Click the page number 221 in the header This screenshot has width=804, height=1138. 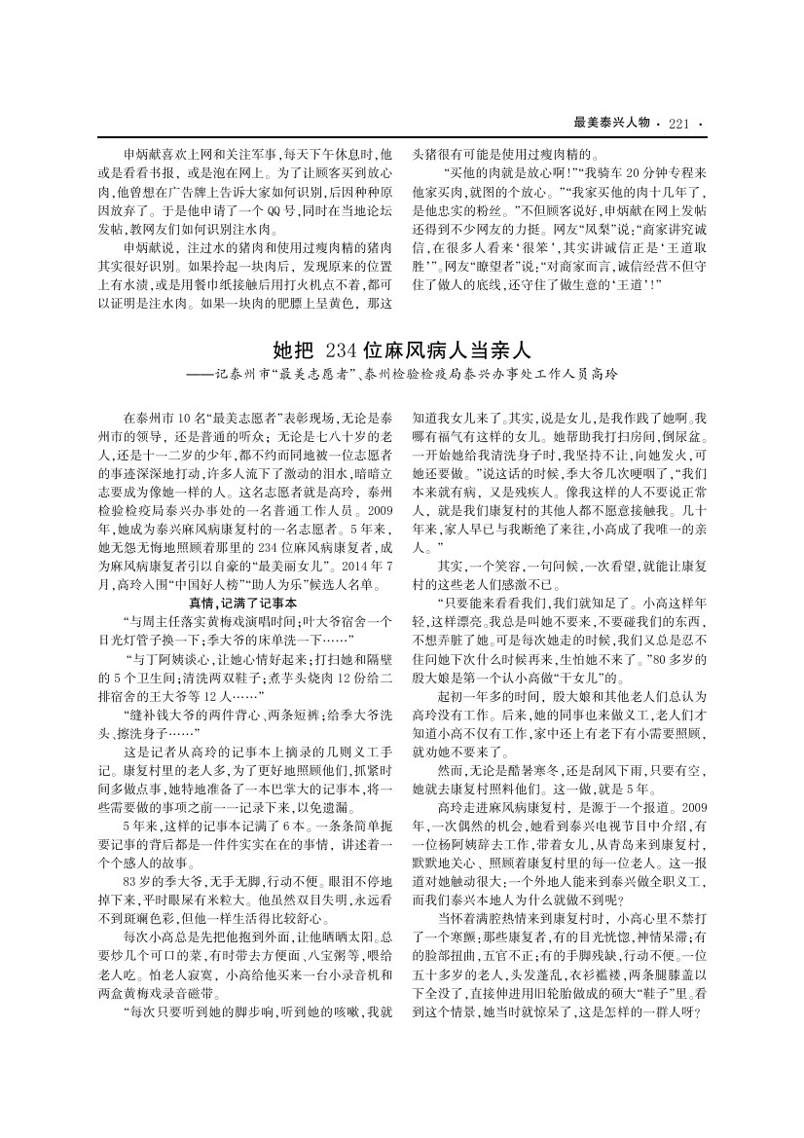click(678, 123)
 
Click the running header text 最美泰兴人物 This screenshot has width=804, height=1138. click(612, 123)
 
